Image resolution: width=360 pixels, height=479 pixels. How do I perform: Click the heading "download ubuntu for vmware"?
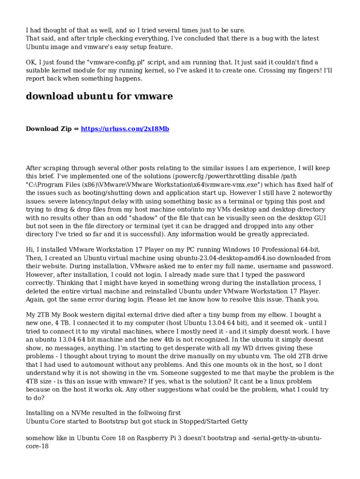99,96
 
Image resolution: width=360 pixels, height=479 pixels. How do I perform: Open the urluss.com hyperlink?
125,129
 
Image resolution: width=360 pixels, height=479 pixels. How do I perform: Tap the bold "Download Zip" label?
49,129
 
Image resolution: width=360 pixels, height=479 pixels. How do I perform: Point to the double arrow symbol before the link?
76,129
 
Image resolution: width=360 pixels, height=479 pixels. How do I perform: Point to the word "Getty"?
237,421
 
